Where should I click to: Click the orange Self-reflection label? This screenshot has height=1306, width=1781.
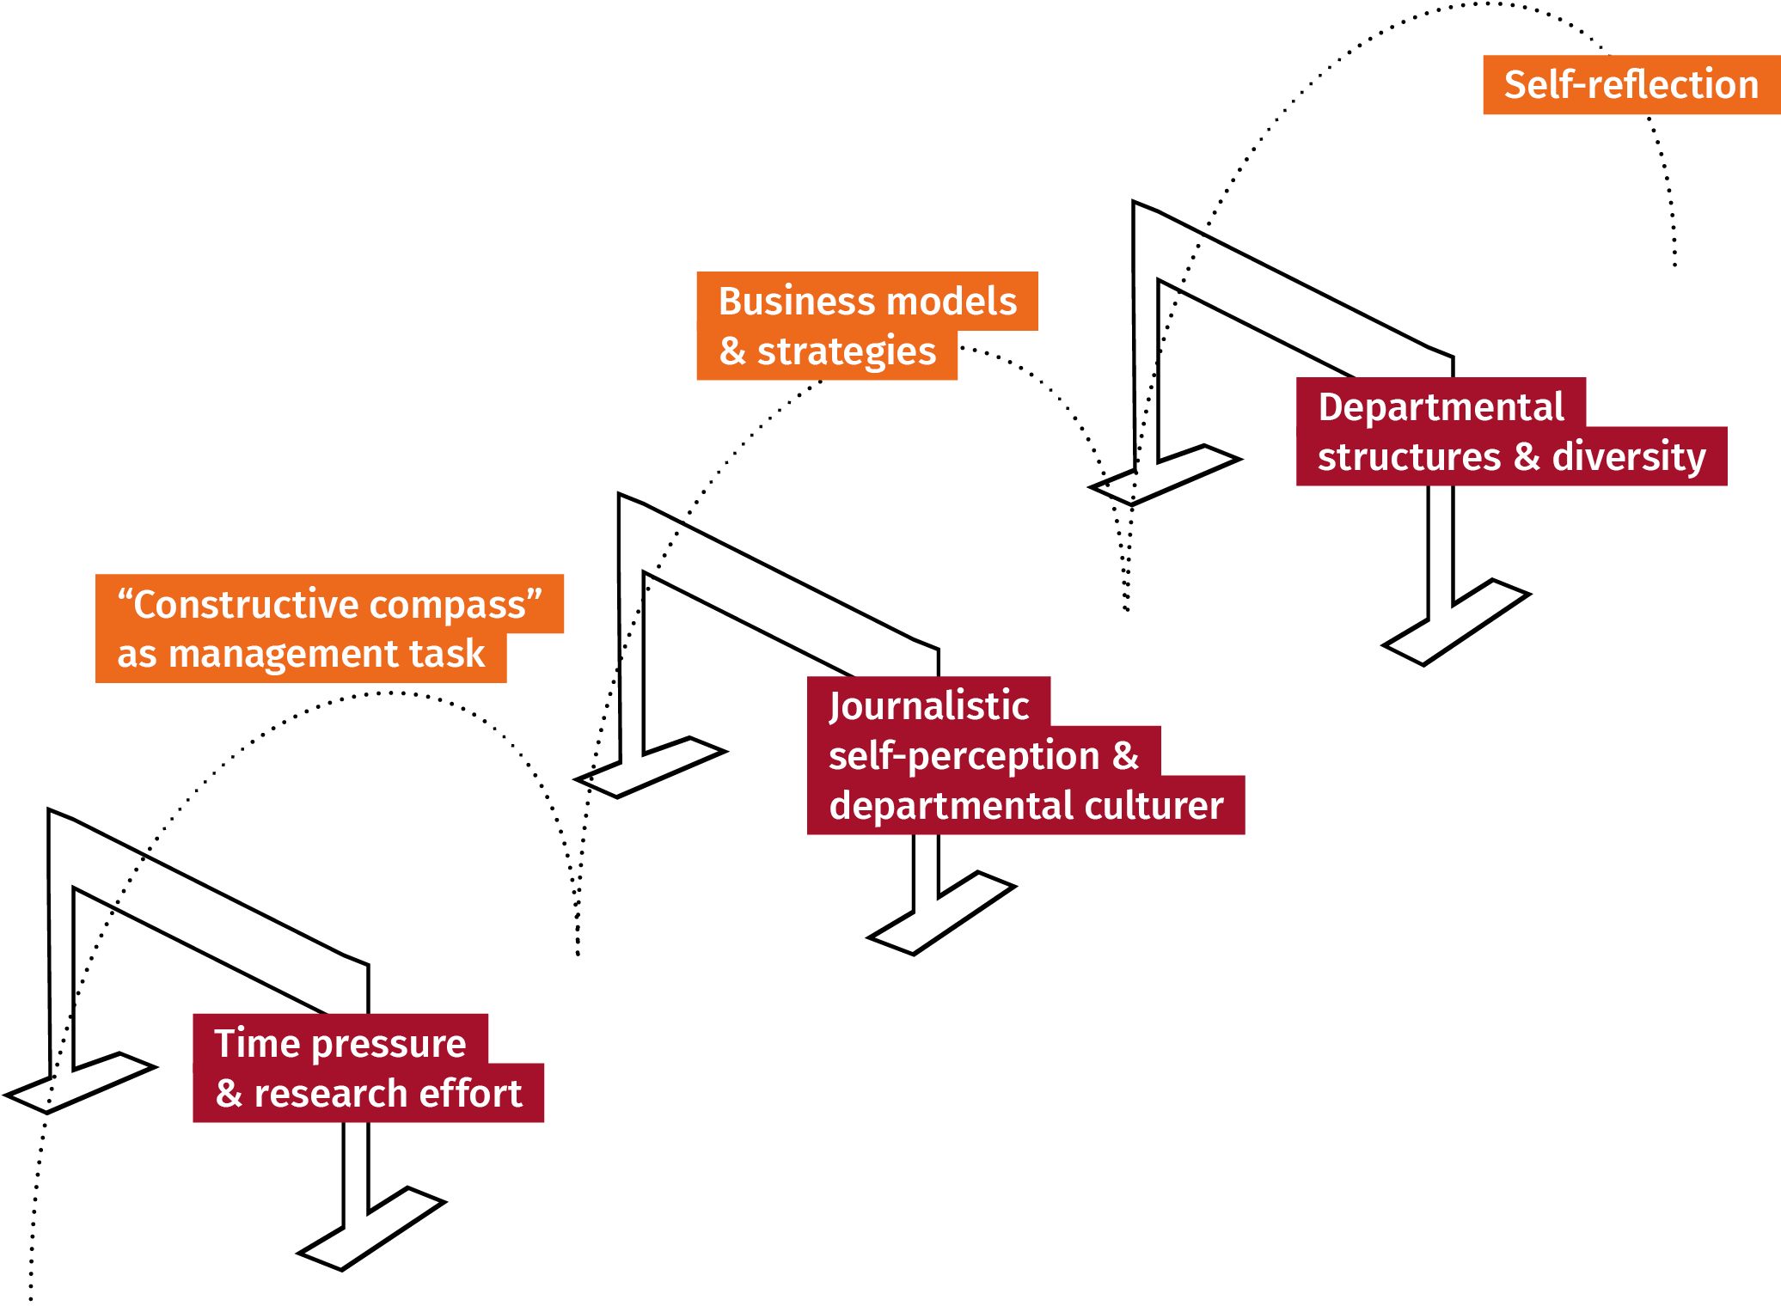tap(1631, 85)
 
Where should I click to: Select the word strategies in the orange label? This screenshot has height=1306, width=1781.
tap(847, 351)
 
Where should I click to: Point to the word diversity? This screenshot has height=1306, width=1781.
tap(1629, 456)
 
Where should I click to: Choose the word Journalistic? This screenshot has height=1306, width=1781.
tap(929, 706)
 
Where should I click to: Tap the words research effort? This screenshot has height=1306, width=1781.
tap(388, 1094)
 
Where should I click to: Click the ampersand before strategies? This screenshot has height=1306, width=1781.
tap(732, 351)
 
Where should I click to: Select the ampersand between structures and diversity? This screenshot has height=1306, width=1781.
tap(1527, 456)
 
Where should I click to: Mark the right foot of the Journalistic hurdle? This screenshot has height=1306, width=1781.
tap(942, 913)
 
